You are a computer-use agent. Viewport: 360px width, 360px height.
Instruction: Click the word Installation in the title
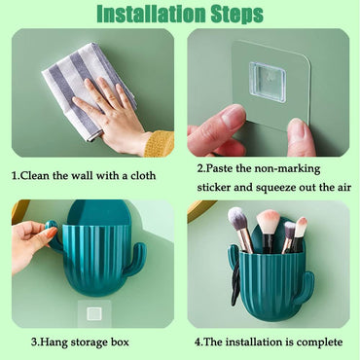pos(152,14)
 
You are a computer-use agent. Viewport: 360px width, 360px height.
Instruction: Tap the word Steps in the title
pos(237,15)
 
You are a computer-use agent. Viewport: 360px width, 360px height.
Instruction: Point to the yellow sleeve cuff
pos(159,144)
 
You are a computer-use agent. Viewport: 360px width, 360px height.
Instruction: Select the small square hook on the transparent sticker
pos(268,83)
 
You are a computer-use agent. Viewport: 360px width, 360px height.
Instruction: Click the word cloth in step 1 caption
pos(143,175)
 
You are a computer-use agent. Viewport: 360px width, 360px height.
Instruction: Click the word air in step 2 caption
pos(343,188)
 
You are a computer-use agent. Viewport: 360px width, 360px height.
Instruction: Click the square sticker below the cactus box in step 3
pos(94,313)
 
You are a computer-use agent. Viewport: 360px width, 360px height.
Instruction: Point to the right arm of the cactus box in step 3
pos(135,260)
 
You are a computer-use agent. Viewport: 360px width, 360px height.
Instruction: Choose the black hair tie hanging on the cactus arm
pos(235,285)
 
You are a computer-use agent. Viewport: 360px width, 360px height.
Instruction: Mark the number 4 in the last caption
pos(198,342)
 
